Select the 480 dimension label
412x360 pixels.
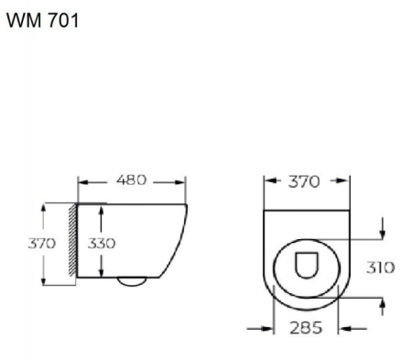132,180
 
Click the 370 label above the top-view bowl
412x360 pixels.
303,181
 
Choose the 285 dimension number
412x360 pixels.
305,328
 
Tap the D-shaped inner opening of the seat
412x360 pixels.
307,266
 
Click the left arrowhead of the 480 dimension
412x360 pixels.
81,181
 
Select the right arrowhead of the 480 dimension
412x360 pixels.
186,181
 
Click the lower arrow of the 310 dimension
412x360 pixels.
382,305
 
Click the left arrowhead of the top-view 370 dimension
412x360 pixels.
267,181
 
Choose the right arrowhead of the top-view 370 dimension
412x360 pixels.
346,181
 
